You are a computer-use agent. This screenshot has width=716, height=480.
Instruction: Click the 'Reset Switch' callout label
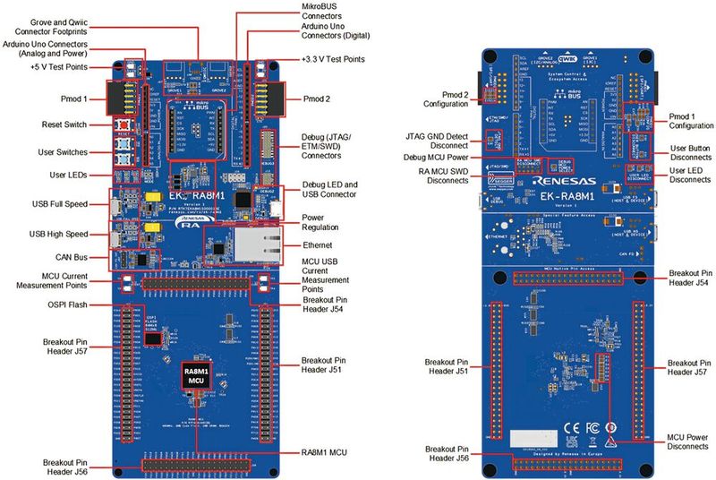[x=65, y=124]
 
